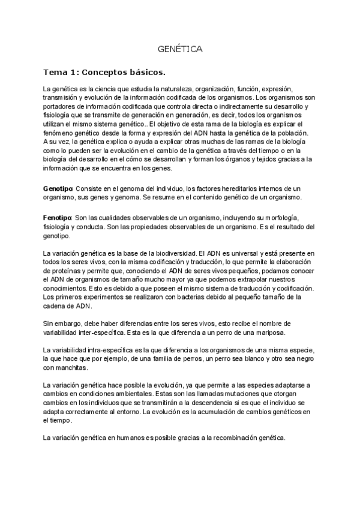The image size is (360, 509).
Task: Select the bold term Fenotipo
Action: coord(56,216)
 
